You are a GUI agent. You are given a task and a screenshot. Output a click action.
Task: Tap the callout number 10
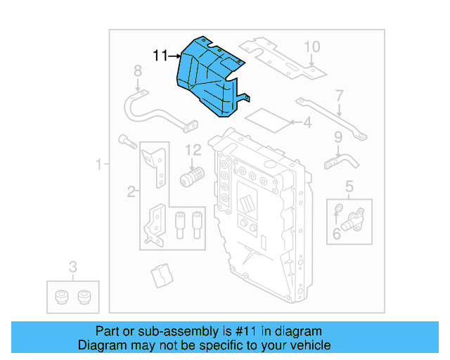click(311, 47)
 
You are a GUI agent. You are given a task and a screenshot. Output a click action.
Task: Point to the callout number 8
click(138, 70)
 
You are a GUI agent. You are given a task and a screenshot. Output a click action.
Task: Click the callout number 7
click(339, 96)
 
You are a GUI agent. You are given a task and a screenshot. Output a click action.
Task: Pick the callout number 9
click(338, 137)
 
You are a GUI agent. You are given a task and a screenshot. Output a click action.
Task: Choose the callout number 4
click(307, 124)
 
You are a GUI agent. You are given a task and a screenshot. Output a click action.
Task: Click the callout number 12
click(193, 150)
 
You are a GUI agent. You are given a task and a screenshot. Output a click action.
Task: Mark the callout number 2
click(131, 191)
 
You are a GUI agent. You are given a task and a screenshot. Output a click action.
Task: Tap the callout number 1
click(99, 165)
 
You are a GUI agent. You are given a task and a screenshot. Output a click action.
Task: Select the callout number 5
click(349, 186)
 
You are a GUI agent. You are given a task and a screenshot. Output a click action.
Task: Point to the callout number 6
click(337, 233)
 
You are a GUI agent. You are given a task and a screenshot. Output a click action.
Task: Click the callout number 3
click(72, 266)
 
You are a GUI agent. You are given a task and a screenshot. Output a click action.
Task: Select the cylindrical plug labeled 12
click(191, 175)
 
